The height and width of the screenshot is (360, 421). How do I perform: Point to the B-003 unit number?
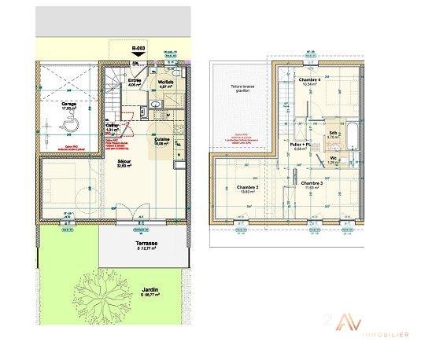(138, 49)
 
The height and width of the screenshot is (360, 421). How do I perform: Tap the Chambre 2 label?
(249, 186)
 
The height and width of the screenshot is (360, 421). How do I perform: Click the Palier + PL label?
(301, 145)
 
